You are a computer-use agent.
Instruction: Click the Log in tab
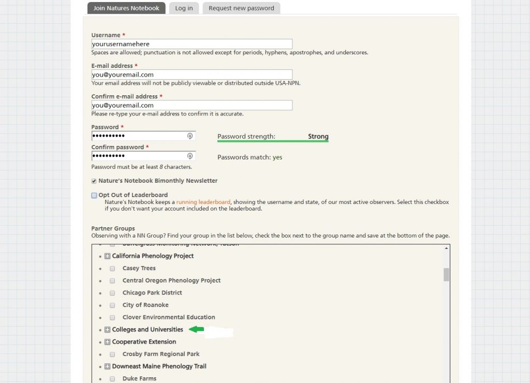coord(184,8)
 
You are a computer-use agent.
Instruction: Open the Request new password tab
coord(241,8)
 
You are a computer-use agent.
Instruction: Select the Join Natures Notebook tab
coord(126,8)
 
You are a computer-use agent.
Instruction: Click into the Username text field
coord(192,45)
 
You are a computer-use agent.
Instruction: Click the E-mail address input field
coord(192,75)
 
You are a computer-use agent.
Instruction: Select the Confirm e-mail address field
coord(192,106)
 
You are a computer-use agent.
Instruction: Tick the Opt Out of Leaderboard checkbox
coord(94,196)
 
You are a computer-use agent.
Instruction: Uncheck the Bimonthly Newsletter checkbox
coord(94,181)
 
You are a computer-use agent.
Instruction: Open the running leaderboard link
coord(203,202)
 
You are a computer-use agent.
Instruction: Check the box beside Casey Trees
coord(112,269)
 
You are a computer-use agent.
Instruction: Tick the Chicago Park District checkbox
coord(112,293)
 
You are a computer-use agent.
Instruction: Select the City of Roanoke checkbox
coord(112,305)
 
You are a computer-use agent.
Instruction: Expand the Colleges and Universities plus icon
coord(108,330)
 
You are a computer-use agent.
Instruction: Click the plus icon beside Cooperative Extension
coord(108,342)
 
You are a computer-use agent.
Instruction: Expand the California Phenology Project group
coord(108,256)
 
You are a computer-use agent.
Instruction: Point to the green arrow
coord(197,329)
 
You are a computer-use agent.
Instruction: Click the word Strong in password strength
coord(318,137)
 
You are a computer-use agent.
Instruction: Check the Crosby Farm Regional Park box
coord(112,355)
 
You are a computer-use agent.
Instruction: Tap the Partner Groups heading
coord(113,228)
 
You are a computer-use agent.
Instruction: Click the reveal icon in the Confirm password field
coord(190,156)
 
